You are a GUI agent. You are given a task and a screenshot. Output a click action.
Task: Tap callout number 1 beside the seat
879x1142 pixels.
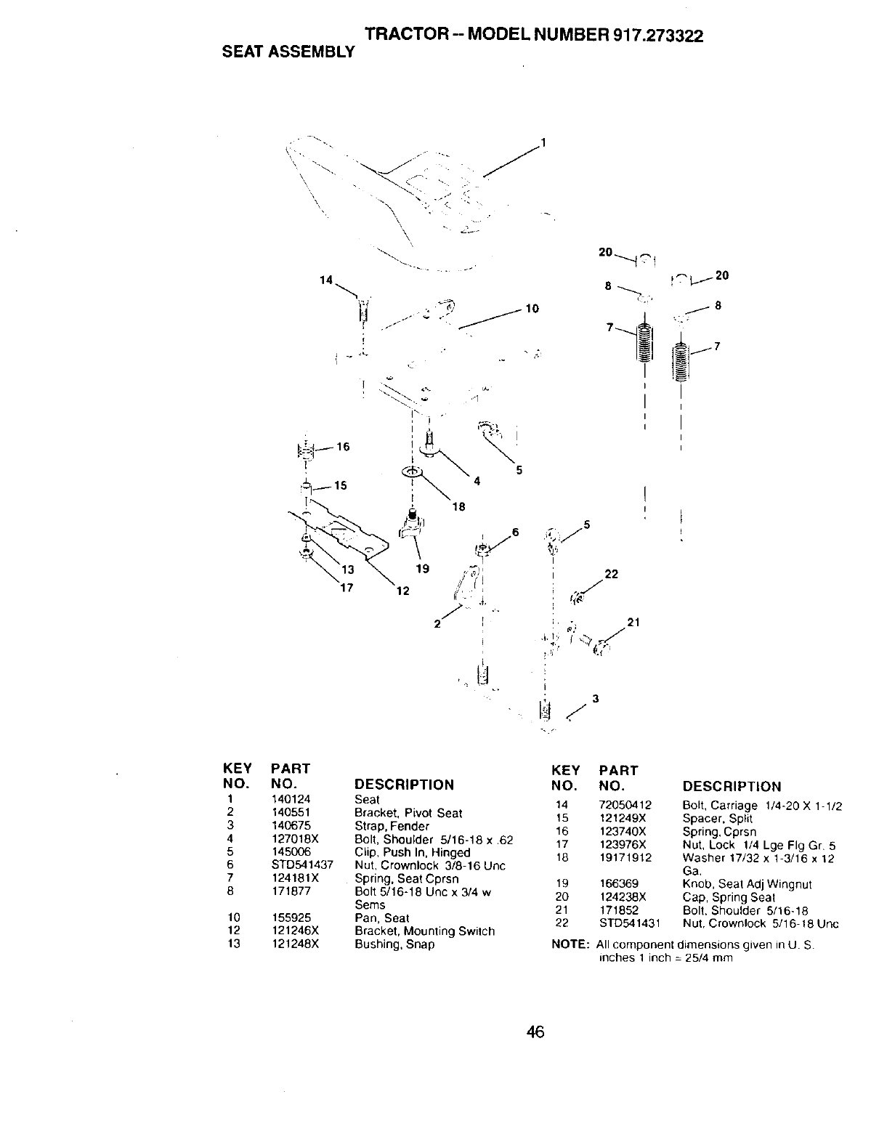tap(542, 142)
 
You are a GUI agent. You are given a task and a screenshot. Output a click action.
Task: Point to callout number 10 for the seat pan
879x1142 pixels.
tap(532, 309)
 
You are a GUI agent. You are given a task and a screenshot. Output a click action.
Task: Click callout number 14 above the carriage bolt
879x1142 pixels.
tap(326, 280)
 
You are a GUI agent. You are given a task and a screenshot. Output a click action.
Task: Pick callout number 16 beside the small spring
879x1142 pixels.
tap(342, 447)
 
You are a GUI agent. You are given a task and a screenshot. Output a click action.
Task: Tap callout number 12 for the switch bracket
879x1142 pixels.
tap(402, 591)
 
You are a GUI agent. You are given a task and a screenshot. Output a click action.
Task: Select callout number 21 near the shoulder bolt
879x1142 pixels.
tap(633, 622)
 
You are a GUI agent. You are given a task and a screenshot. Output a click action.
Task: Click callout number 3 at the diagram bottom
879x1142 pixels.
tap(595, 699)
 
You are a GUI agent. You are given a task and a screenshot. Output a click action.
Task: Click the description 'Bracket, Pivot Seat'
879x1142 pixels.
tap(408, 813)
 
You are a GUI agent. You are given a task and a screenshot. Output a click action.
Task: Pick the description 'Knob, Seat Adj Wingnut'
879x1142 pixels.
tap(747, 884)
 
